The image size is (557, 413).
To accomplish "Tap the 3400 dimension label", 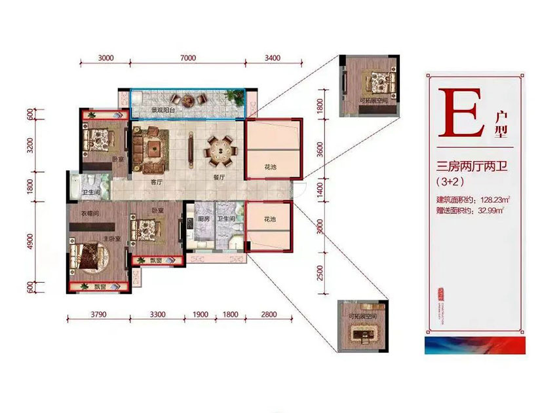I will point(273,58).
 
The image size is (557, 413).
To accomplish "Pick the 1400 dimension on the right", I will point(320,190).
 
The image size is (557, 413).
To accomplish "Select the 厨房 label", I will point(202,219).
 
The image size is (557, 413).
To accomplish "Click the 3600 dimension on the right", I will point(320,149).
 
